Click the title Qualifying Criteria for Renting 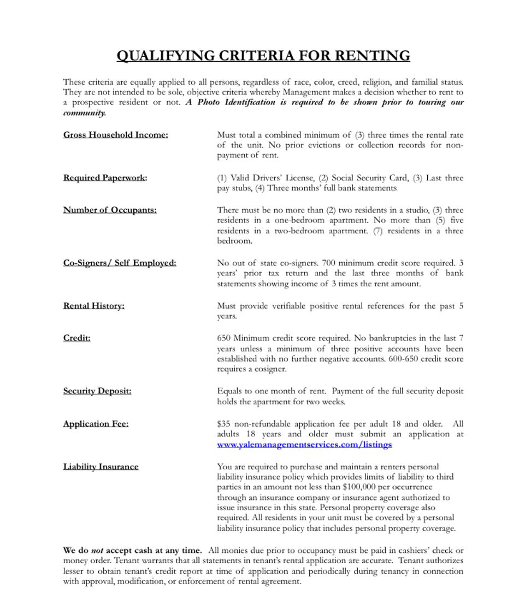(x=263, y=56)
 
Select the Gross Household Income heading (x=115, y=135)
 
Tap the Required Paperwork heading (x=105, y=178)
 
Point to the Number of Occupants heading (x=110, y=210)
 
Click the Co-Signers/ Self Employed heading (x=120, y=263)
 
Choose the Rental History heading (x=93, y=305)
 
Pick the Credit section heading (x=76, y=338)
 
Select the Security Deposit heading (x=97, y=391)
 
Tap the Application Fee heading (x=96, y=423)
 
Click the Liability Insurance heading (x=101, y=467)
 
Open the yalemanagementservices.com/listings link (x=304, y=445)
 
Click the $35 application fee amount (x=223, y=424)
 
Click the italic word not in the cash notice (x=97, y=551)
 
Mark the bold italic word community (x=84, y=113)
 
